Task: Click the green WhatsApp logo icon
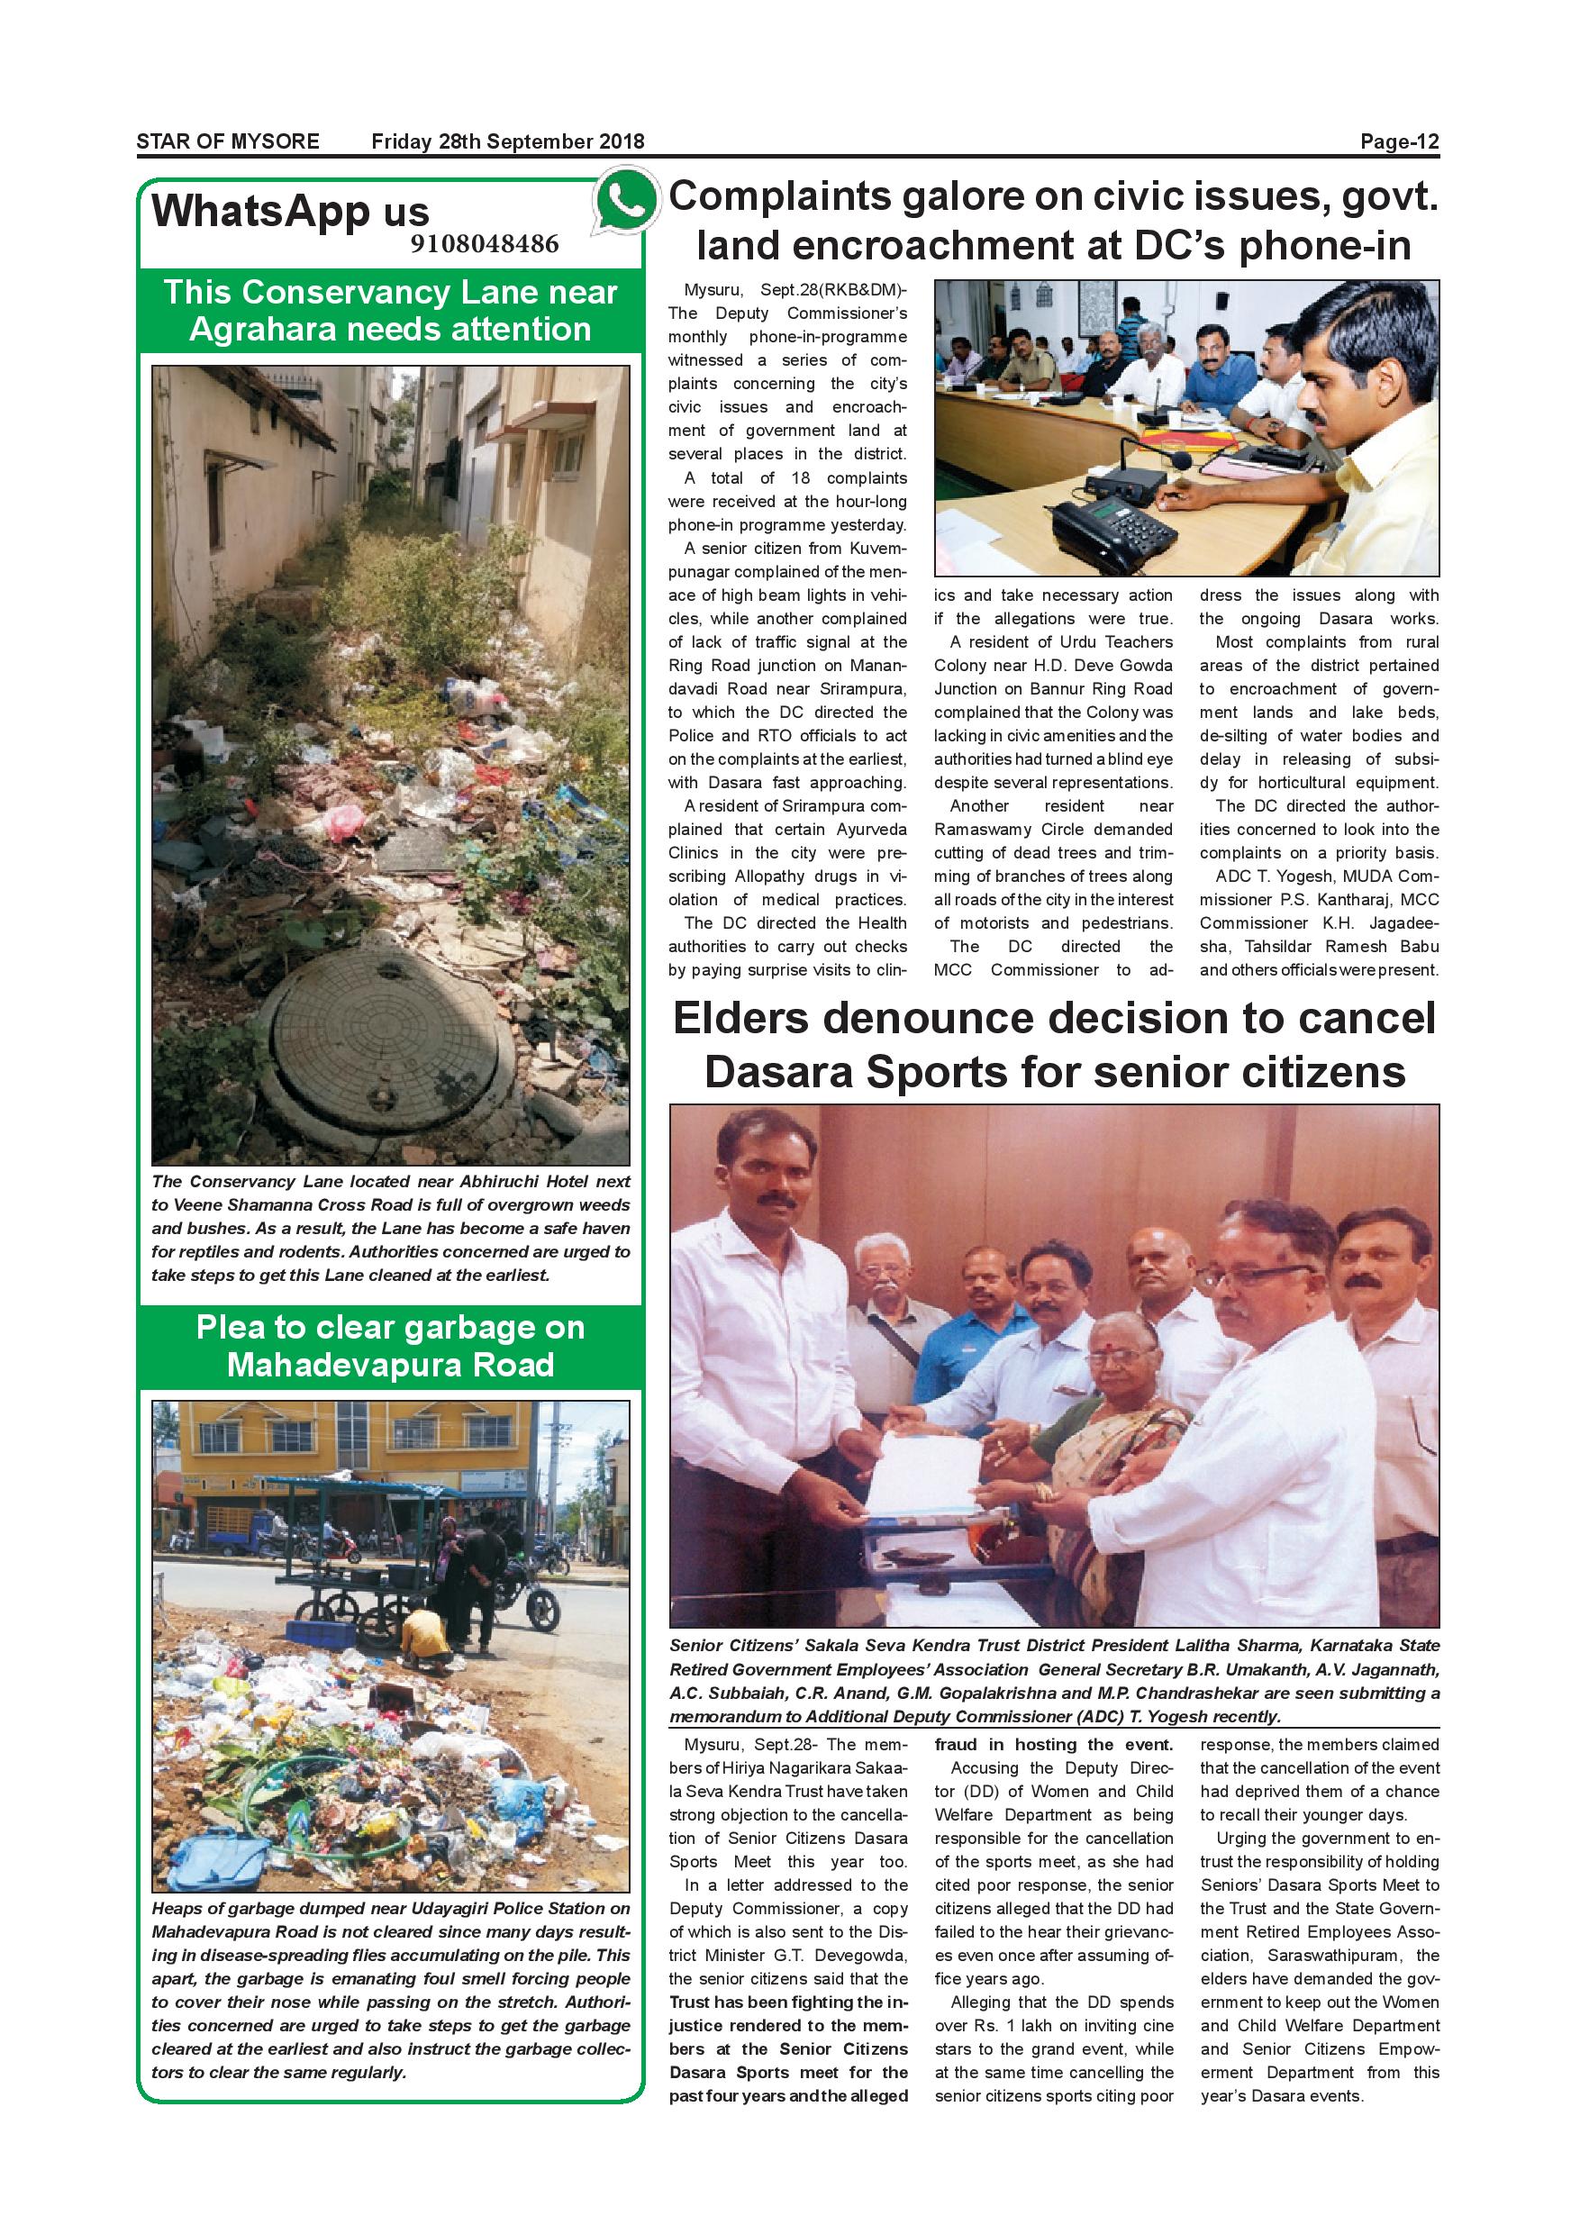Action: [625, 202]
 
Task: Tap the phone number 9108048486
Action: [485, 243]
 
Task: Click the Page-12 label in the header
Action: [1398, 142]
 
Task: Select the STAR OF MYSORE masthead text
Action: [228, 142]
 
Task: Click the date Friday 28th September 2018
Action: [508, 142]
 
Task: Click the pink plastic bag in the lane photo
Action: [342, 821]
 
